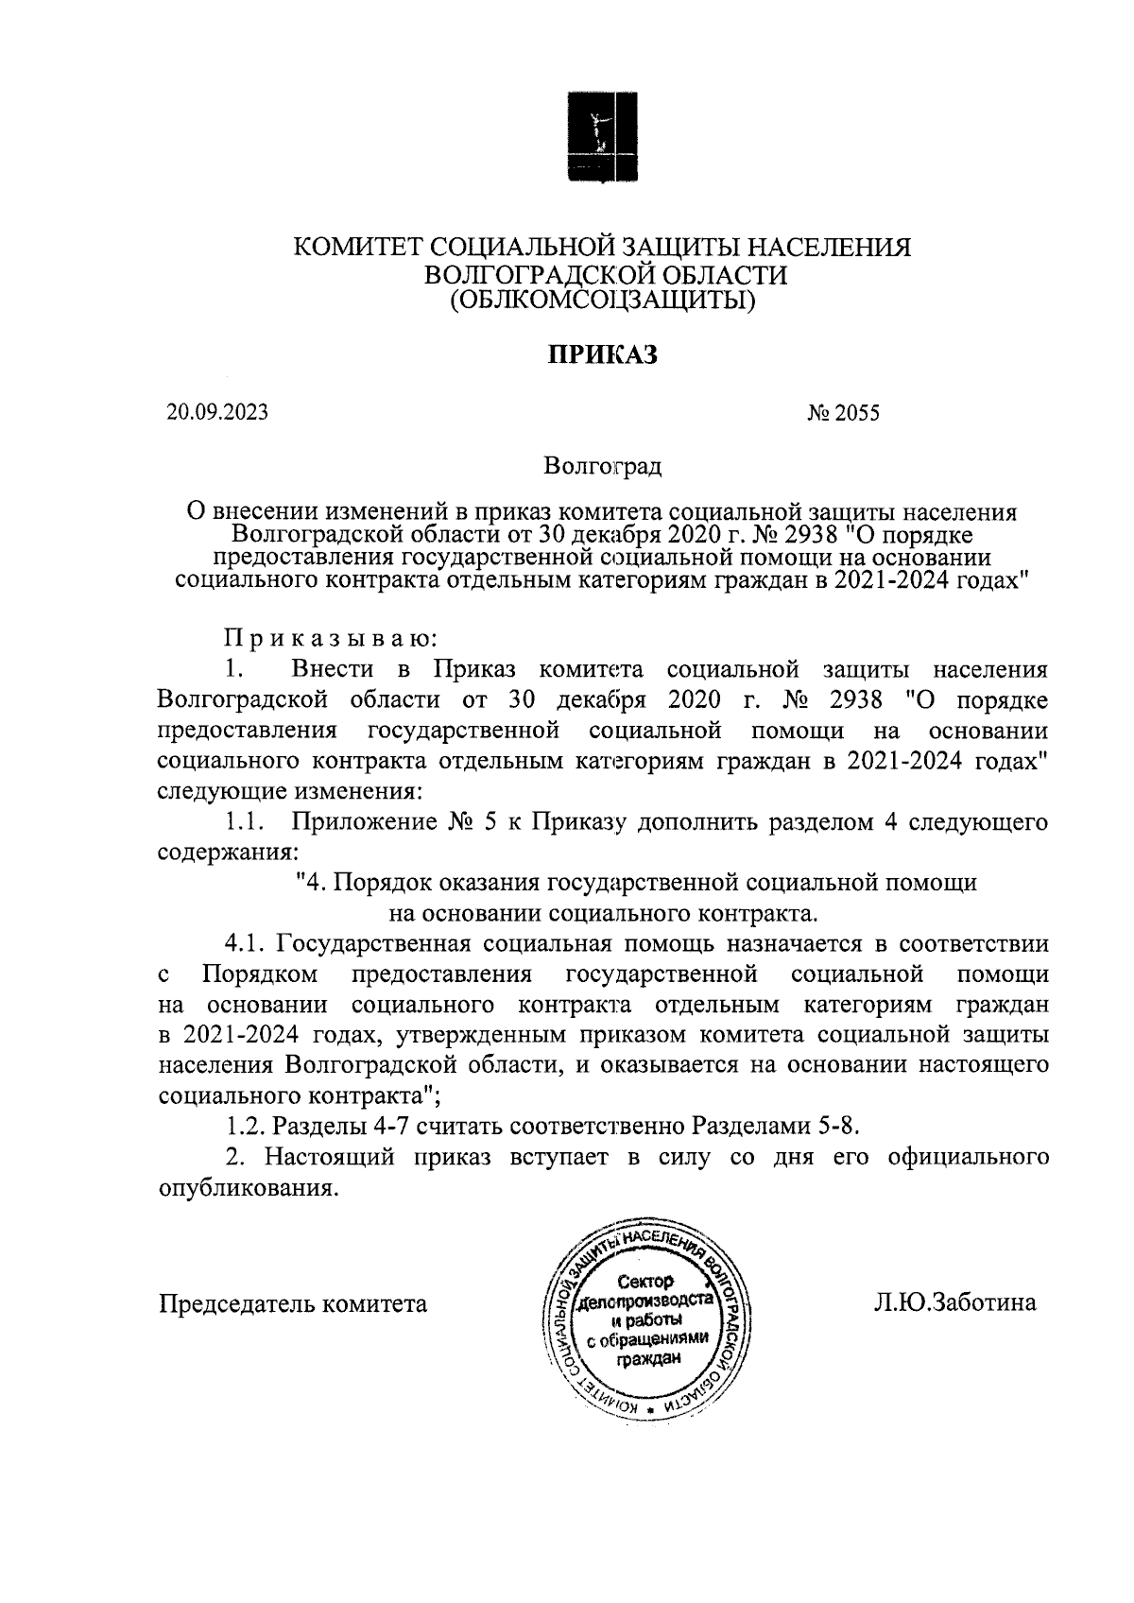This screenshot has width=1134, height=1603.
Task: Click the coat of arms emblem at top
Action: (601, 135)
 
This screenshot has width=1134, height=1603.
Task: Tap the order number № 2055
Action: (843, 413)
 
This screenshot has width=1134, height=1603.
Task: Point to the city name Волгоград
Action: (602, 466)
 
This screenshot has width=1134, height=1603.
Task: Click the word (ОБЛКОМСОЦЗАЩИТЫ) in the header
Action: (602, 301)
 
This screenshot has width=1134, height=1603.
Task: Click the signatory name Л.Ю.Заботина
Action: (954, 1303)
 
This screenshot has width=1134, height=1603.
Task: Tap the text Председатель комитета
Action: (293, 1304)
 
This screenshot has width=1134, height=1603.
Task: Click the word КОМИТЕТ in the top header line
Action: (359, 248)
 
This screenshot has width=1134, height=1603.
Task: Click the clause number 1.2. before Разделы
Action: (248, 1127)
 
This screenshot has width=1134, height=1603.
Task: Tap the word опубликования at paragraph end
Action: (246, 1188)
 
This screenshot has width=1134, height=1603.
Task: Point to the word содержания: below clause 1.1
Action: (222, 852)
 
